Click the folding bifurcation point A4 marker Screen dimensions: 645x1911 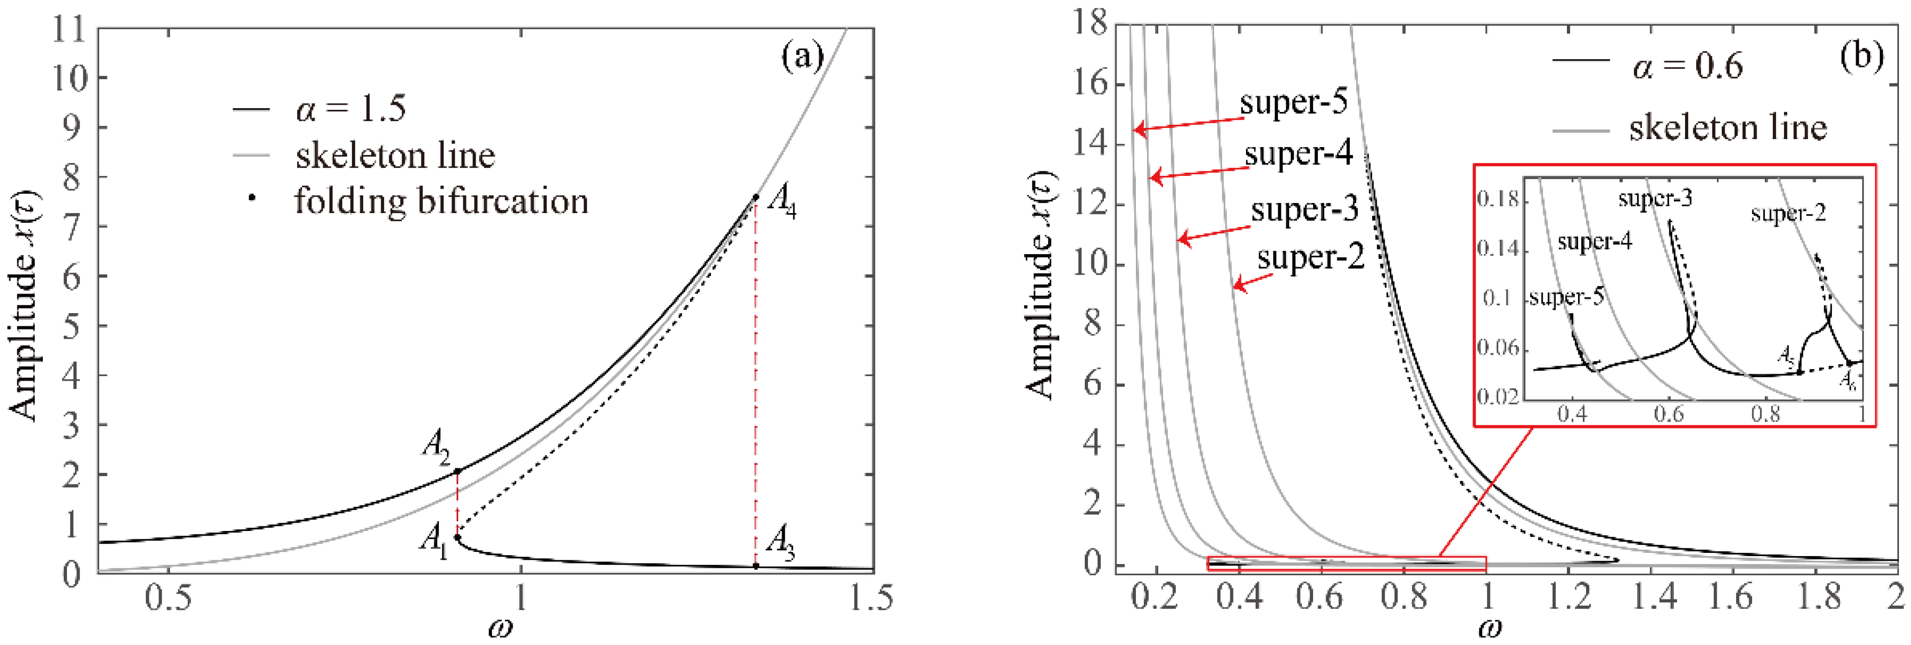pos(755,197)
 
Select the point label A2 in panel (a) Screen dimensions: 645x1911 pos(437,447)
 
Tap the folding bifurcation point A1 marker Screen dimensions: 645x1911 pos(458,537)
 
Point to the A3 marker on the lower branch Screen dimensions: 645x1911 pos(755,565)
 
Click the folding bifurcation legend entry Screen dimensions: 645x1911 pos(441,201)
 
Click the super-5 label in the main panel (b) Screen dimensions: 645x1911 pos(1293,102)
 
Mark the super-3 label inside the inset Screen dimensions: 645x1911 pos(1655,199)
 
